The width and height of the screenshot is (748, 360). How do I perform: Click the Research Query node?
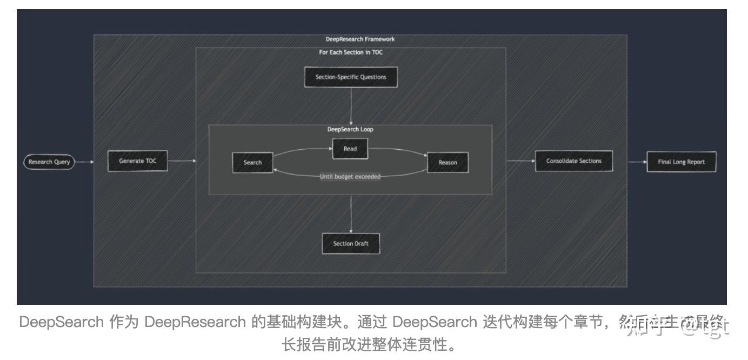pyautogui.click(x=49, y=162)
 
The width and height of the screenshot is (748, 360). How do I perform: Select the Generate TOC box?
pyautogui.click(x=137, y=161)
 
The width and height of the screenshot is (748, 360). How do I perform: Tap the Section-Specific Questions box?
pyautogui.click(x=351, y=77)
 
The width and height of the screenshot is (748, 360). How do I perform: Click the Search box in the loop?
pyautogui.click(x=252, y=163)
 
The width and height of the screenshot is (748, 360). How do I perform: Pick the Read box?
pyautogui.click(x=350, y=149)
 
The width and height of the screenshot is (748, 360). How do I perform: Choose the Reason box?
pyautogui.click(x=448, y=163)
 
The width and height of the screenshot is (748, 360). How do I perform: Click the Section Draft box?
pyautogui.click(x=351, y=244)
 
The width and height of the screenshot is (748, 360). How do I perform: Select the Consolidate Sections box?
pyautogui.click(x=573, y=161)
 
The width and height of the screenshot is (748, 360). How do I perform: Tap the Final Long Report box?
pyautogui.click(x=681, y=162)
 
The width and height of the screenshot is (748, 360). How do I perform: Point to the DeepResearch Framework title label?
pyautogui.click(x=360, y=39)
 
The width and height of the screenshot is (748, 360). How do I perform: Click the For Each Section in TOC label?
pyautogui.click(x=351, y=52)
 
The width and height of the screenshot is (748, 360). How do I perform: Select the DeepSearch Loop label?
pyautogui.click(x=350, y=130)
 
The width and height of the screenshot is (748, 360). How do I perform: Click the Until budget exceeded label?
pyautogui.click(x=350, y=177)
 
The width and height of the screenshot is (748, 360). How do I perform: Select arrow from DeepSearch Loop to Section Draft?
pyautogui.click(x=351, y=214)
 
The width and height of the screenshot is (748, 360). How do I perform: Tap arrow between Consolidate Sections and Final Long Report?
pyautogui.click(x=630, y=162)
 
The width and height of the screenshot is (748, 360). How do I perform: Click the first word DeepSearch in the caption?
pyautogui.click(x=61, y=322)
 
